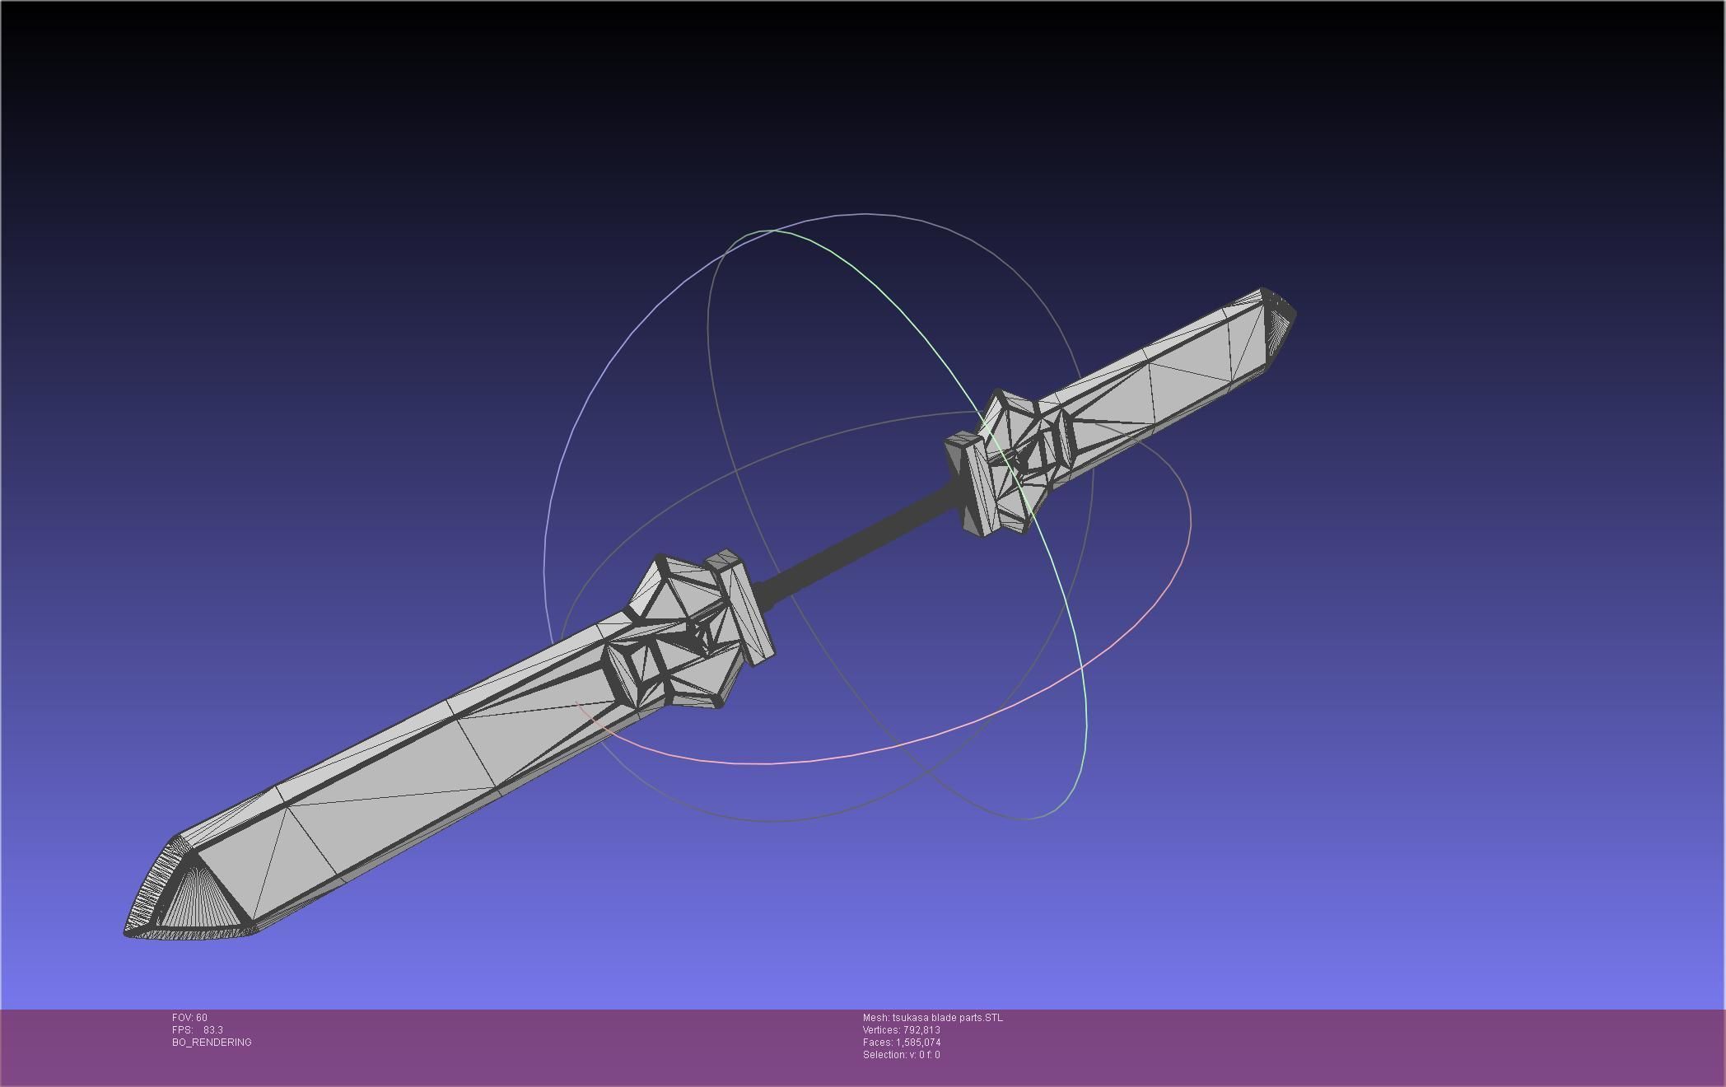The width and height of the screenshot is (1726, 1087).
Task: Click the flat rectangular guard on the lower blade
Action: pyautogui.click(x=745, y=609)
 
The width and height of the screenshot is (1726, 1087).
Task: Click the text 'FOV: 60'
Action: pyautogui.click(x=189, y=1018)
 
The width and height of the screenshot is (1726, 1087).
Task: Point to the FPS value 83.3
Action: pyautogui.click(x=212, y=1030)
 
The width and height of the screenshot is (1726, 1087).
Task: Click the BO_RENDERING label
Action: pyautogui.click(x=212, y=1043)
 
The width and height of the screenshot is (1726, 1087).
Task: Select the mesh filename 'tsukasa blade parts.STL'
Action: pyautogui.click(x=947, y=1018)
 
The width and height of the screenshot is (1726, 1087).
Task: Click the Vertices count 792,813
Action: pyautogui.click(x=921, y=1030)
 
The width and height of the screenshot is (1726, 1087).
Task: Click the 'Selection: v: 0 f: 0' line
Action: pyautogui.click(x=901, y=1055)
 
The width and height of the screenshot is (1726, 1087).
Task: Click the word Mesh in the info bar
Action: pyautogui.click(x=875, y=1018)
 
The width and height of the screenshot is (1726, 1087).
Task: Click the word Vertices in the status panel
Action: pyautogui.click(x=880, y=1030)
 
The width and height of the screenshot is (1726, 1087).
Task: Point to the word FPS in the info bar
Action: pyautogui.click(x=181, y=1030)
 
